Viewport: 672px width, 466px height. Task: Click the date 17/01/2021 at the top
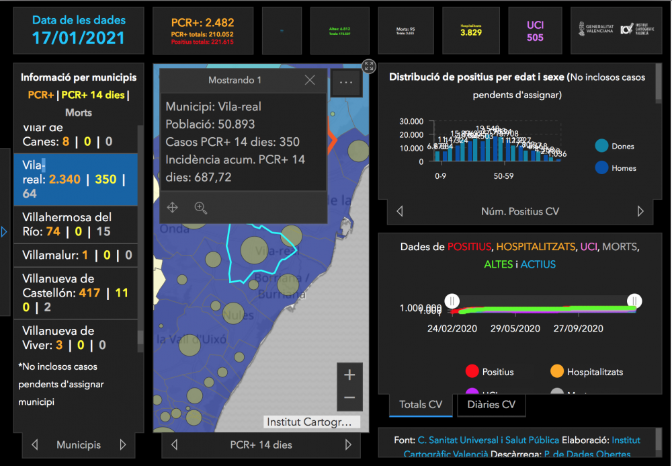pos(79,38)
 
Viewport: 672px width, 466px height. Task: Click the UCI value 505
pos(535,38)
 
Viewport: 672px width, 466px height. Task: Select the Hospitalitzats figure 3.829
pos(471,32)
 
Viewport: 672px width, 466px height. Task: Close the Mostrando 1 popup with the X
pos(310,80)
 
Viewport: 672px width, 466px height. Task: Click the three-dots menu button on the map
pos(346,82)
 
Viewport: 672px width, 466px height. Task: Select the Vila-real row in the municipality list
pos(75,180)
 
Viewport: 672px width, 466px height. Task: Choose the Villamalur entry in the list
pos(75,256)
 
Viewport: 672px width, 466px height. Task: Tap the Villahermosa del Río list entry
pos(75,225)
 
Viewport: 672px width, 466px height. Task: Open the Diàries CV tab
pos(491,405)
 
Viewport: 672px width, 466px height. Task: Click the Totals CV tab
pos(421,405)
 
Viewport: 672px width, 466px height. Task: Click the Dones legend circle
pos(602,146)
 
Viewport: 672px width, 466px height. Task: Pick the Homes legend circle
pos(602,168)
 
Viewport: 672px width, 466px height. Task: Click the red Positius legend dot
pos(472,372)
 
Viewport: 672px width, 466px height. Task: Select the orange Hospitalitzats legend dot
pos(556,372)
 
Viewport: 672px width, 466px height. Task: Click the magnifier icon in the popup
pos(200,208)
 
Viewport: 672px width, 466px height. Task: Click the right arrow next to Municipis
pos(123,444)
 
